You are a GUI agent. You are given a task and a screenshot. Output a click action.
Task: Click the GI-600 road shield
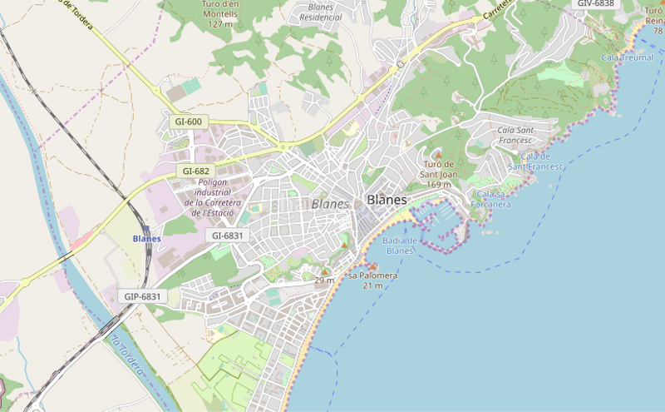coord(189,122)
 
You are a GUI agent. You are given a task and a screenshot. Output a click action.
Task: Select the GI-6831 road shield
coord(228,236)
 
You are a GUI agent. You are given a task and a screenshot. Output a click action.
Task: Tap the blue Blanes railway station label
coord(146,238)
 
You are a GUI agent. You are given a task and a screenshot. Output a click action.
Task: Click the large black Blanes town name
coord(387,200)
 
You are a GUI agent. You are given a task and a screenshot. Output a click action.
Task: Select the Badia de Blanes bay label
coord(400,246)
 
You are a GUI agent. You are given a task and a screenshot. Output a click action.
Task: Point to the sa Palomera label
coord(372,275)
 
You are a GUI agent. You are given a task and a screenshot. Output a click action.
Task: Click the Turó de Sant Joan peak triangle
coord(438,154)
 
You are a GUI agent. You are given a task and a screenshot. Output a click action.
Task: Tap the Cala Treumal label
coord(627,57)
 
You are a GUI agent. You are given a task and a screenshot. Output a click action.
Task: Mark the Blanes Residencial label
coord(321,12)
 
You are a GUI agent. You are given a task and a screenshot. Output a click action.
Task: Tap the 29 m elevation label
coord(324,280)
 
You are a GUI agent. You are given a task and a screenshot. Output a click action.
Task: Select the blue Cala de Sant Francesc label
coord(536,161)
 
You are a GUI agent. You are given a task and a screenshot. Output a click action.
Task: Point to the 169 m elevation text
coord(438,184)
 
